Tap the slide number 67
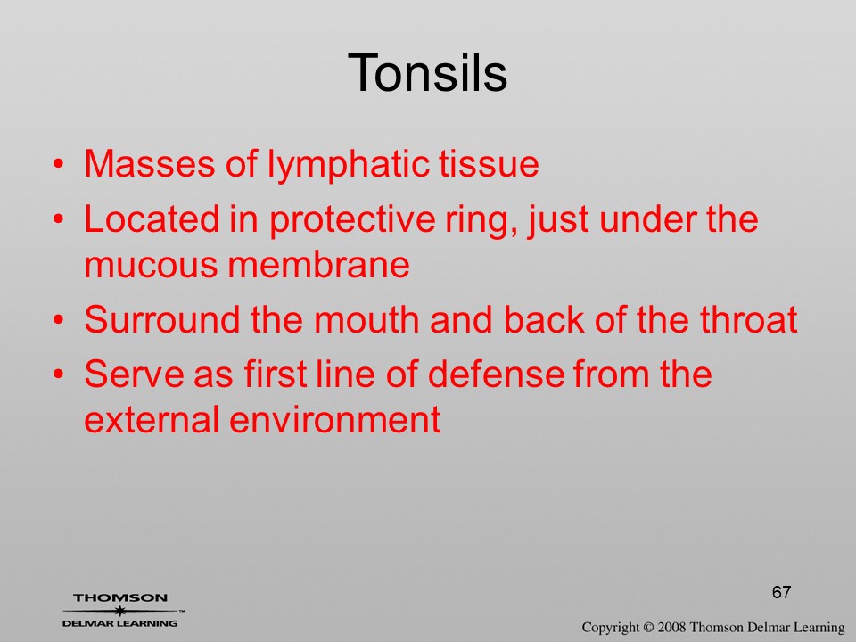tap(781, 592)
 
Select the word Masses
tap(150, 163)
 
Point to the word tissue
tap(490, 163)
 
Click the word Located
tap(152, 219)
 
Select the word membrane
tap(318, 264)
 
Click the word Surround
tap(162, 319)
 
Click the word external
tap(152, 419)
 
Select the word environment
tap(334, 420)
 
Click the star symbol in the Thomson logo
tap(118, 611)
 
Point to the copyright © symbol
tap(648, 628)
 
